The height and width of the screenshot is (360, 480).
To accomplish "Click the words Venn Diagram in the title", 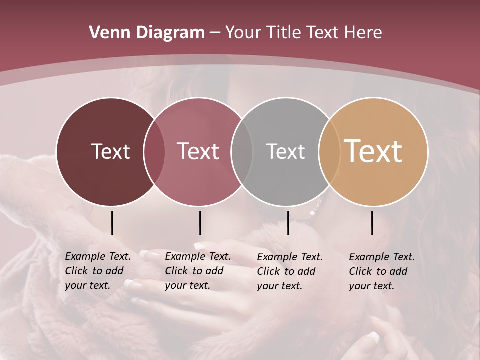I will pos(147,33).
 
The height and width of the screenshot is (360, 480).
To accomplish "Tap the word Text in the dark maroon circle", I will pos(110,151).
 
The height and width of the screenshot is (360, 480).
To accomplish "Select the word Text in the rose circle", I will pos(198,151).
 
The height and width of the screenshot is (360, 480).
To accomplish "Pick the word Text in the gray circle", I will pos(285,151).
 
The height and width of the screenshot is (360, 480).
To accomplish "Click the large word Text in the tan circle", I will pos(373,151).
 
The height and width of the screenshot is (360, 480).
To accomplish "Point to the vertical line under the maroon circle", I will pos(112,223).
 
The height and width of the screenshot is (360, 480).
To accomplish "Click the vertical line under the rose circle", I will pos(200,223).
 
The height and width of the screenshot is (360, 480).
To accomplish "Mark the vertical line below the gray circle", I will pos(288,223).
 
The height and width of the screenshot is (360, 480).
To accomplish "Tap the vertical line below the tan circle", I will pos(372,223).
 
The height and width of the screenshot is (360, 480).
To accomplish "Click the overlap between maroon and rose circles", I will pos(154,152).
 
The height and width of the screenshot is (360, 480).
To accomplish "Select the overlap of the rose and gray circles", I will pos(242,152).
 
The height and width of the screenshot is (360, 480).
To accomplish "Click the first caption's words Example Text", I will pos(98,256).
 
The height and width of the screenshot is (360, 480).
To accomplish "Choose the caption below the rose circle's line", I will pos(197,271).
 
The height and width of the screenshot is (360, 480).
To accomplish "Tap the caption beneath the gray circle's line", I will pos(289,271).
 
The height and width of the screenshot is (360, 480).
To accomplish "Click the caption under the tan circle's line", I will pos(381,271).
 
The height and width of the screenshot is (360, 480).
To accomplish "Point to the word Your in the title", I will pos(244,33).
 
